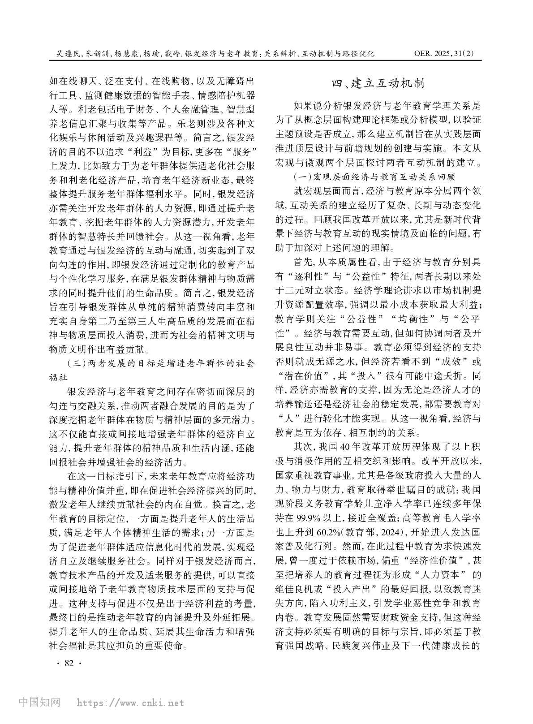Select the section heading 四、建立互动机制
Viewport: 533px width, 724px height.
pos(378,84)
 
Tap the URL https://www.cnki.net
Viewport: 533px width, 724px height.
pos(130,702)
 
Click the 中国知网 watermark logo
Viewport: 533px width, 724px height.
pos(39,702)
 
